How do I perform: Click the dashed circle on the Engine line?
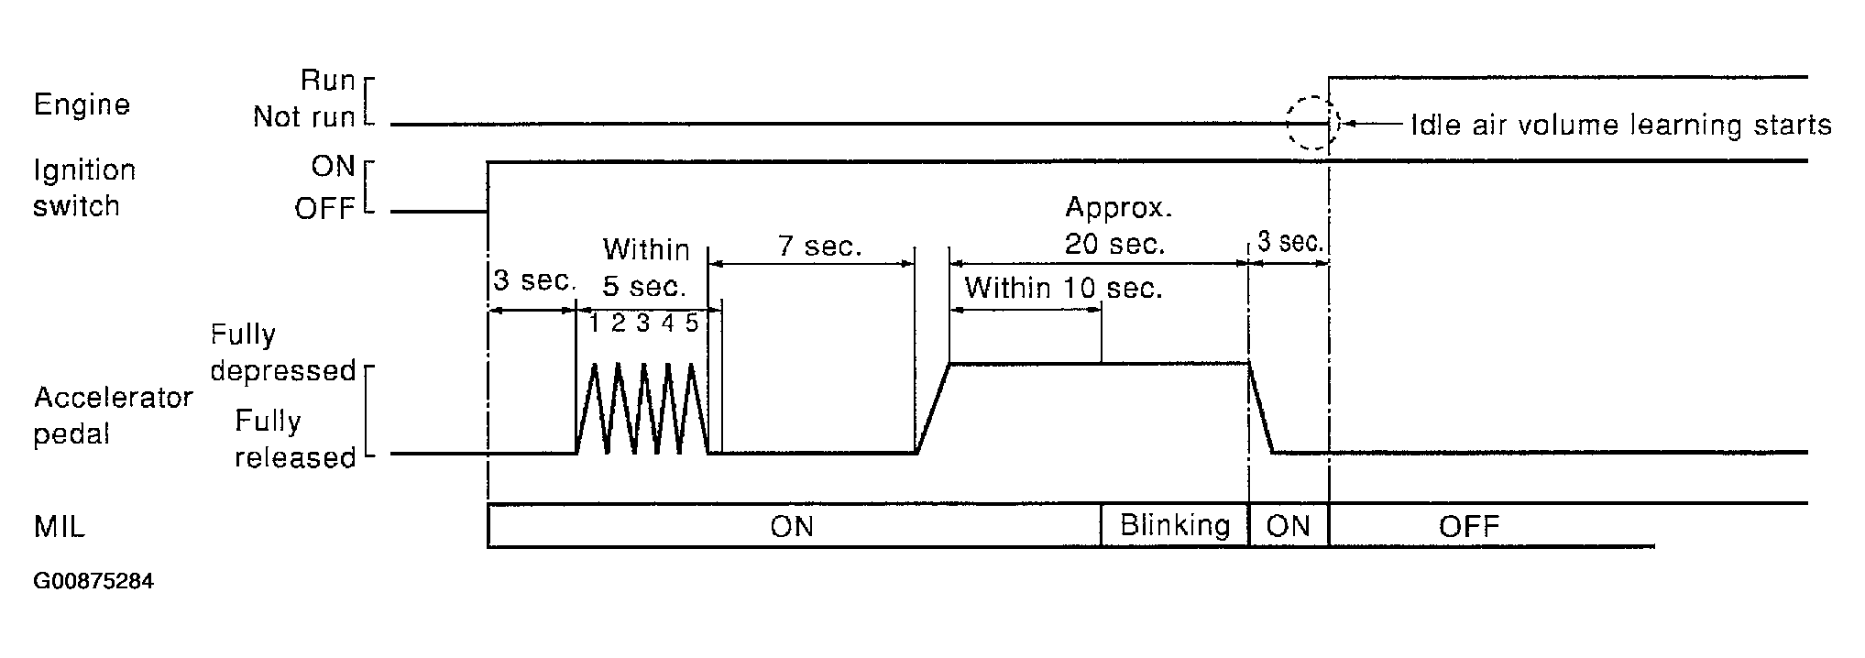(x=1312, y=123)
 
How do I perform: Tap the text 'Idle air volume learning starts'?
(x=1620, y=125)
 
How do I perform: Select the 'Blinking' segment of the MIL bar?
(x=1175, y=526)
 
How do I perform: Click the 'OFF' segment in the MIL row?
(x=1468, y=526)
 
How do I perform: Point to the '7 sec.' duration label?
(x=819, y=246)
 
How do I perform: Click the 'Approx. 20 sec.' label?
(x=1118, y=225)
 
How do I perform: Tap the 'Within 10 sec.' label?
(x=1063, y=289)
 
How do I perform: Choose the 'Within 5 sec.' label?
(x=645, y=268)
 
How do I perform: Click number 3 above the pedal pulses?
(x=643, y=323)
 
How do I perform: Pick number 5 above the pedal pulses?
(x=692, y=323)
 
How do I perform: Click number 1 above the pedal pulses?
(x=595, y=323)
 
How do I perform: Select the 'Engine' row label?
(x=82, y=104)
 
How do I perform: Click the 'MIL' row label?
(x=60, y=527)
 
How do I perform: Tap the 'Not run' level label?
(x=303, y=117)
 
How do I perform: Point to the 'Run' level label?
(x=327, y=81)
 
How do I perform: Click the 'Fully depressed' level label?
(x=282, y=352)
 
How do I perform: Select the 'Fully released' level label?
(x=294, y=439)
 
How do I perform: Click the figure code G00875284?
(x=93, y=582)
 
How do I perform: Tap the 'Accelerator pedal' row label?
(x=113, y=415)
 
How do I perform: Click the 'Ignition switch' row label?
(x=84, y=188)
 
